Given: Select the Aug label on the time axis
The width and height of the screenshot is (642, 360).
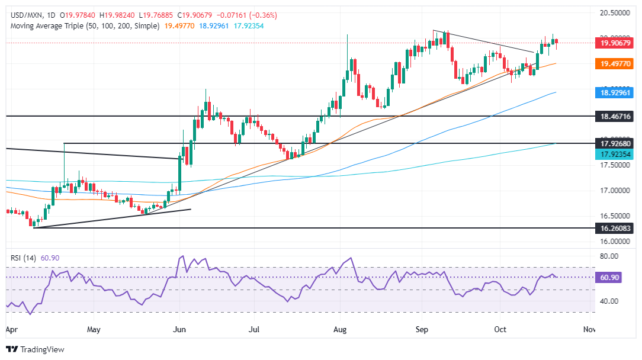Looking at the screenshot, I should (x=340, y=327).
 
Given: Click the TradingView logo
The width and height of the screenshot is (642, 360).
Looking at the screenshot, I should (x=35, y=349).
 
